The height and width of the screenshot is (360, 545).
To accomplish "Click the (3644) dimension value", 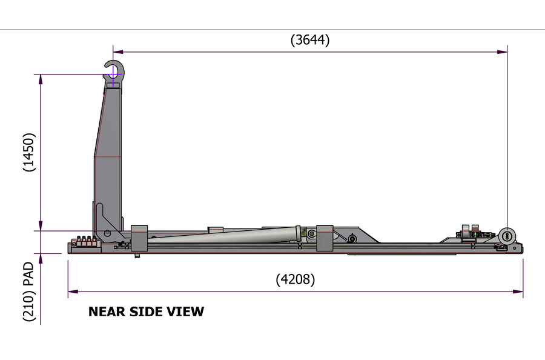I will pyautogui.click(x=310, y=40).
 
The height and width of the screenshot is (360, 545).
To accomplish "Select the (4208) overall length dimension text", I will pyautogui.click(x=295, y=279).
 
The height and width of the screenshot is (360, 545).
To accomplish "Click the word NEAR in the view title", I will pyautogui.click(x=107, y=312).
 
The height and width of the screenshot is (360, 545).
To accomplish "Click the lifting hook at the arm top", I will pyautogui.click(x=113, y=71).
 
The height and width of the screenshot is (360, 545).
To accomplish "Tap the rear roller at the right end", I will pyautogui.click(x=507, y=236).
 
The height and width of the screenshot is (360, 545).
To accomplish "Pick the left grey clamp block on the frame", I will pyautogui.click(x=139, y=238).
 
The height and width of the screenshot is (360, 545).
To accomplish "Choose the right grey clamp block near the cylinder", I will pyautogui.click(x=325, y=238).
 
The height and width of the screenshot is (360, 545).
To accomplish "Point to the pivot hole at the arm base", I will pyautogui.click(x=108, y=233).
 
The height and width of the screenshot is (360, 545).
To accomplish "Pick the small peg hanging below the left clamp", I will pyautogui.click(x=137, y=255).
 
